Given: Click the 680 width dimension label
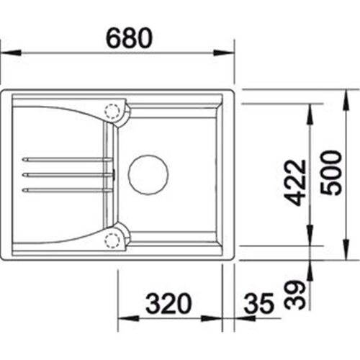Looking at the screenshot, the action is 129,38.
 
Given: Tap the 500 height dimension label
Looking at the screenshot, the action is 330,173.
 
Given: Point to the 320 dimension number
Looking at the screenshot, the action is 168,303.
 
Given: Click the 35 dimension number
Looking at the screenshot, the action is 258,303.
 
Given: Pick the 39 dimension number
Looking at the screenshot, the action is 294,295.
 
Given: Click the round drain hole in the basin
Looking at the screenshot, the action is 148,174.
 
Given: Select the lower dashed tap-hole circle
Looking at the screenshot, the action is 112,240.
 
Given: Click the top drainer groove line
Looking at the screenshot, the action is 67,159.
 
